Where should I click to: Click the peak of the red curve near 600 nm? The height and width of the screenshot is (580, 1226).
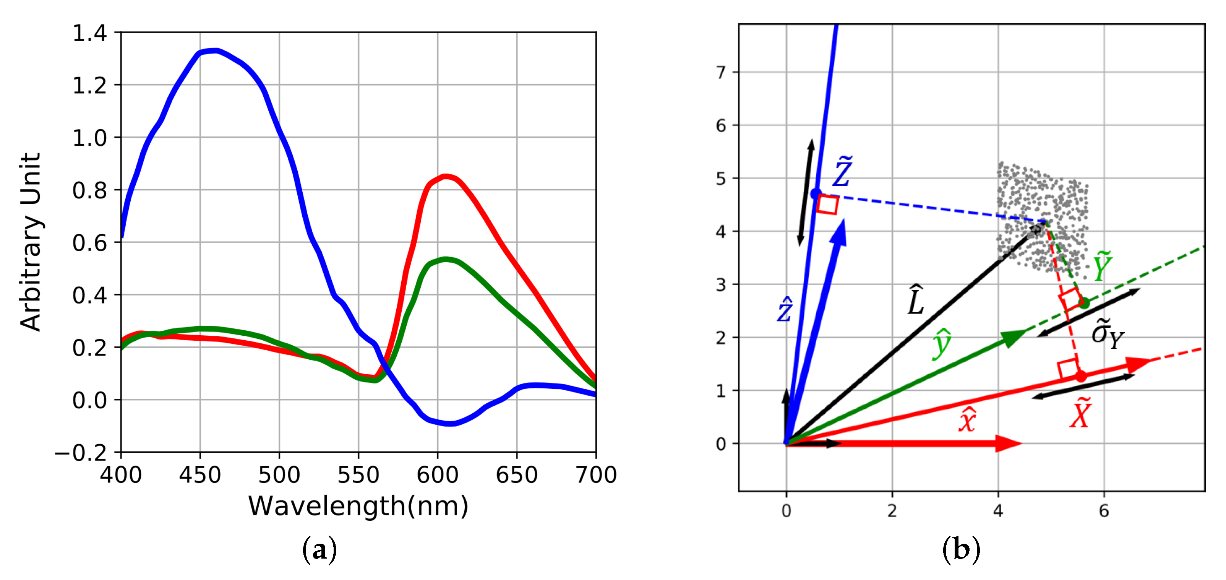coord(445,177)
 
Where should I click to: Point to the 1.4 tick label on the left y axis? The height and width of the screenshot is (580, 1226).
coord(89,33)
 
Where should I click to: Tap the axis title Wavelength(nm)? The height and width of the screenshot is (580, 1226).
coord(358,506)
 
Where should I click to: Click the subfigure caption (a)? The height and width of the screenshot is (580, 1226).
coord(319,551)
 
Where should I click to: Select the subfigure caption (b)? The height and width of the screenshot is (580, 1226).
coord(961,551)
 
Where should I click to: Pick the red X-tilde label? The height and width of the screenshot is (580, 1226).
coord(1080,413)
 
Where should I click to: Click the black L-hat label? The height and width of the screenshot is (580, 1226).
coord(916,301)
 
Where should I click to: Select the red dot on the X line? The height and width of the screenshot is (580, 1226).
coord(1081,376)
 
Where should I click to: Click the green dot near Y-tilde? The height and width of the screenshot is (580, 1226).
coord(1084,303)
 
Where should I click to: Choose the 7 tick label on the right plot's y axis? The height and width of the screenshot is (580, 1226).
coord(721,73)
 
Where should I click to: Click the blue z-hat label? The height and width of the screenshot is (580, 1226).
coord(785,310)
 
